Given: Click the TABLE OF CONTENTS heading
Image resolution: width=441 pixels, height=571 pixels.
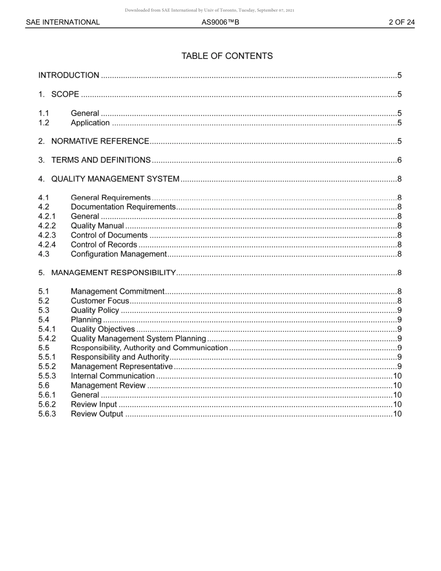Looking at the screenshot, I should [227, 56].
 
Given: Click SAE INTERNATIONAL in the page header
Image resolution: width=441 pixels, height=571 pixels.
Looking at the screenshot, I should [63, 22].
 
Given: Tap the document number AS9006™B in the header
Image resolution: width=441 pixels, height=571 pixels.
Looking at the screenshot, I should [220, 22].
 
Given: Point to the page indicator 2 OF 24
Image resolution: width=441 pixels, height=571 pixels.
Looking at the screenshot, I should [402, 22].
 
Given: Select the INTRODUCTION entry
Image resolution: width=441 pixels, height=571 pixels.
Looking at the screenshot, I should [69, 75].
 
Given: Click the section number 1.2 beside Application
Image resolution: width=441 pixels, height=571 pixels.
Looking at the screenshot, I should [44, 123].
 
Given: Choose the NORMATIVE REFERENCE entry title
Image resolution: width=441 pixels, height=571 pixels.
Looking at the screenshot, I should [100, 141].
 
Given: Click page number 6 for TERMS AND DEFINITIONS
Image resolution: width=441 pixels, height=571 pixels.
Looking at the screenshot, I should [399, 160].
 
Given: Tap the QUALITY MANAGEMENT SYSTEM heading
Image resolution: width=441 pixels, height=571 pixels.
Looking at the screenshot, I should [115, 179].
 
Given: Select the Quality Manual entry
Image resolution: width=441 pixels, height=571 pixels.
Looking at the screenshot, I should [97, 226].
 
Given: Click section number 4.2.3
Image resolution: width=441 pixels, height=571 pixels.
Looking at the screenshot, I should [47, 235].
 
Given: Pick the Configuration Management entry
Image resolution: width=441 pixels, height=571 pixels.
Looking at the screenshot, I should [118, 254].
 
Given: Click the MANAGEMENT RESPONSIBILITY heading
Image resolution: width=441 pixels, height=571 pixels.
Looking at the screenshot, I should [113, 273].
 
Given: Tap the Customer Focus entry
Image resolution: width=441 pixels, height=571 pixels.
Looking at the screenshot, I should [100, 301].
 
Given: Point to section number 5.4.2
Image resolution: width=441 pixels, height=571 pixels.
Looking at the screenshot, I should [47, 338].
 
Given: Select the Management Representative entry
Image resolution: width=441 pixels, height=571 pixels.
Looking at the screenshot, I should [121, 367].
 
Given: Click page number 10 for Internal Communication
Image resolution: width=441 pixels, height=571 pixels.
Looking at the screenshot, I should [397, 376].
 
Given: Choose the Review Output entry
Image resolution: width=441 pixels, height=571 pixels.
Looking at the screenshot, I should [97, 414].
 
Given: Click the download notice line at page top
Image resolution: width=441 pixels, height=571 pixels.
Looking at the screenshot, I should [209, 10].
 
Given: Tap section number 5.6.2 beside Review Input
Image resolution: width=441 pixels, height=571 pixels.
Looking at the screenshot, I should [47, 404].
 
